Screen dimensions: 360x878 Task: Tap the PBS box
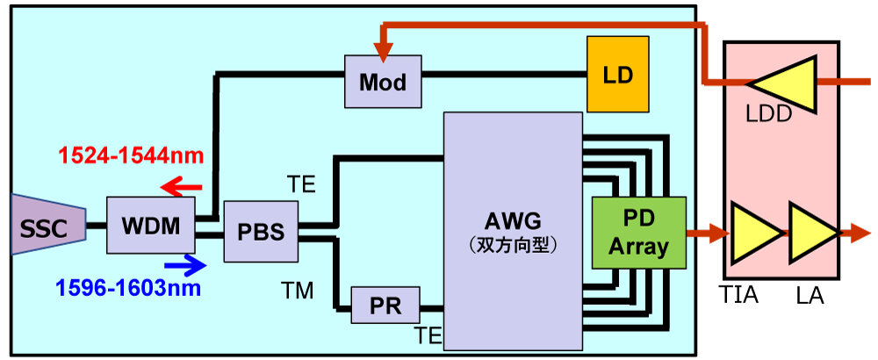click(x=261, y=233)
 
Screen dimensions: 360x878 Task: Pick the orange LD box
click(x=618, y=73)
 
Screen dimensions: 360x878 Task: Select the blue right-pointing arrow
click(x=184, y=264)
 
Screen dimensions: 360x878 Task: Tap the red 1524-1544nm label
click(x=131, y=156)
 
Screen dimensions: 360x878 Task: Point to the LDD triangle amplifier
click(x=785, y=83)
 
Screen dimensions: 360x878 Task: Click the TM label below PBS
click(x=299, y=291)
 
